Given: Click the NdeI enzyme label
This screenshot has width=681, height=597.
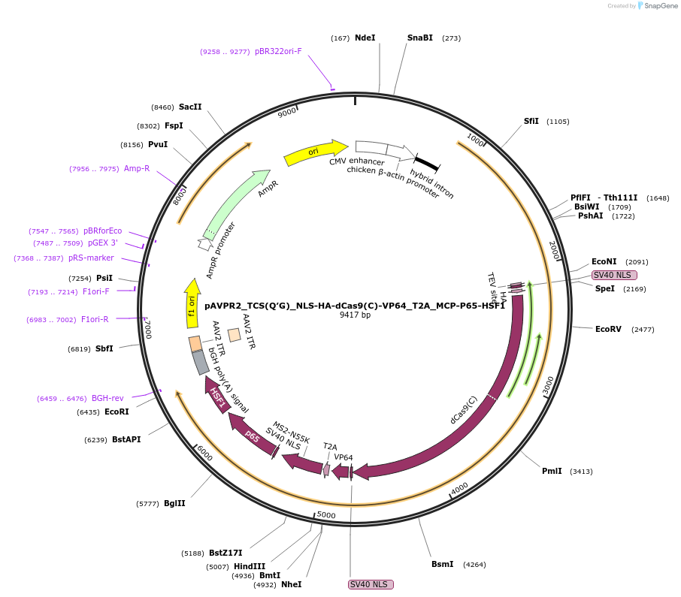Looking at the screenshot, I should point(365,38).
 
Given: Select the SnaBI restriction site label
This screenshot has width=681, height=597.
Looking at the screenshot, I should point(420,38).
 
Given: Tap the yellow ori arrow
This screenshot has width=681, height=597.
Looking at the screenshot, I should point(314,152).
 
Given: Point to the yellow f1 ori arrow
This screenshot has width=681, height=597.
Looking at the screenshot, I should point(192,303).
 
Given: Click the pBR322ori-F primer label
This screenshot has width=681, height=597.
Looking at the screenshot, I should point(278,52).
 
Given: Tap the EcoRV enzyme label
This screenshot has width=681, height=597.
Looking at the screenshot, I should point(608,329).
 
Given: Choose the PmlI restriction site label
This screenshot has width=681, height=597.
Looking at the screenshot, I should point(552,471).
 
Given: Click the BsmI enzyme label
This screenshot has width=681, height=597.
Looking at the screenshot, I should point(442,564).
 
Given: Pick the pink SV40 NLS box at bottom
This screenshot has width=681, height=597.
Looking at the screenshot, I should point(371,584).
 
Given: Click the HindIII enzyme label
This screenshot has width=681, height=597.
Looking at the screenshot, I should point(250,566).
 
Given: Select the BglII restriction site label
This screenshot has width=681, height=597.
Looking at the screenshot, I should point(174,503).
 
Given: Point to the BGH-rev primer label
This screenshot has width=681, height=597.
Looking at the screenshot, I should point(107,398).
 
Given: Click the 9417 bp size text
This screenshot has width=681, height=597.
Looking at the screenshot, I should point(355,315).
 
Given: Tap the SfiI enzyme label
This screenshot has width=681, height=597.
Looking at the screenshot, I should point(531,121).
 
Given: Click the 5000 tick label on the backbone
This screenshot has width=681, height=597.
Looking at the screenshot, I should point(326,514).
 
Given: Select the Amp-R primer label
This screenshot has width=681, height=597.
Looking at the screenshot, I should point(137,168).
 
